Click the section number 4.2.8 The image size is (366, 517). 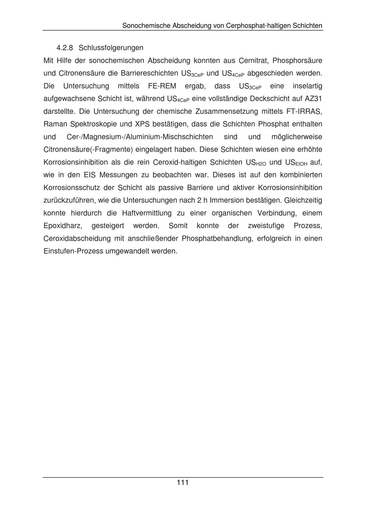65,48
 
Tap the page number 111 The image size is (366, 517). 183,483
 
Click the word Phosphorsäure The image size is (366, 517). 298,60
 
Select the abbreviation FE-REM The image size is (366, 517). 162,86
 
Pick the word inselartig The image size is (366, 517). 307,86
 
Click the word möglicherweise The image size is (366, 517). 297,137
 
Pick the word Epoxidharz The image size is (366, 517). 63,226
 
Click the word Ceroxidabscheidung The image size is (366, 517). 77,238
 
